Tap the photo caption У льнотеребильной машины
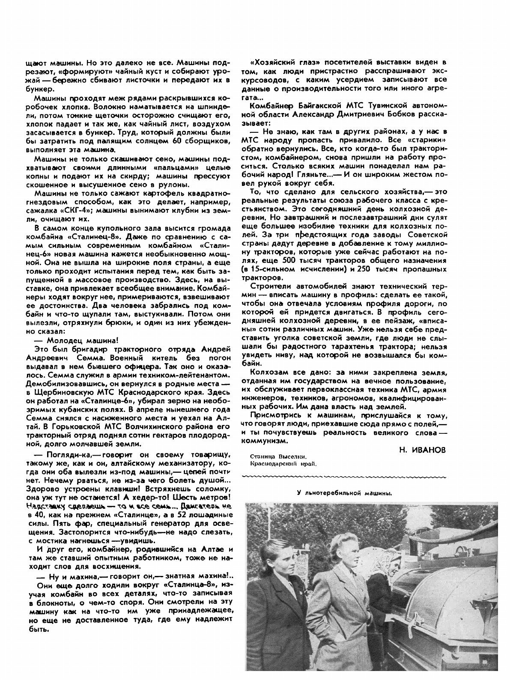(344, 493)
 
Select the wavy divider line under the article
(343, 476)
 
